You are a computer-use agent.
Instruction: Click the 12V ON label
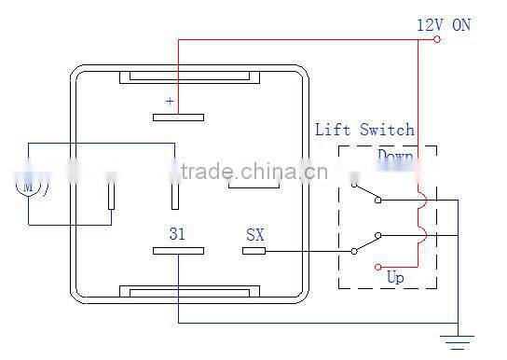(443, 25)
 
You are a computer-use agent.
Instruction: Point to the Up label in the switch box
(395, 276)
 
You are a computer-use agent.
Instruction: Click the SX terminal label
(254, 234)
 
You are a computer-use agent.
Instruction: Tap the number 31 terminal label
(178, 233)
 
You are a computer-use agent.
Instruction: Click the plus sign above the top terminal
(170, 101)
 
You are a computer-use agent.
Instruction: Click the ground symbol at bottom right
(458, 341)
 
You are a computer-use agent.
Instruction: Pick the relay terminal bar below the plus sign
(178, 118)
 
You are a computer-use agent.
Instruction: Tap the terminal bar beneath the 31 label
(178, 251)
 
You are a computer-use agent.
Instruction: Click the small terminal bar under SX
(254, 251)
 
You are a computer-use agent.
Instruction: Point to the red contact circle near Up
(378, 267)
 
